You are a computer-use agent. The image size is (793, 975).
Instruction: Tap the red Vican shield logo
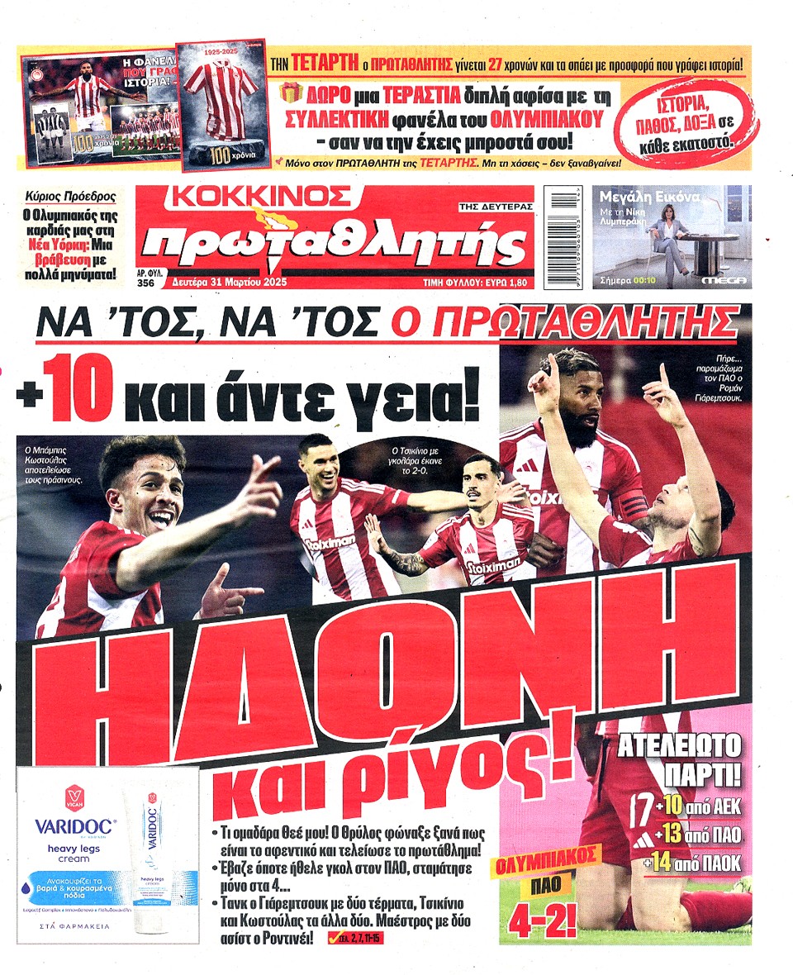point(74,797)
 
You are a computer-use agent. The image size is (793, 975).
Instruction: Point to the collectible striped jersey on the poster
point(218,99)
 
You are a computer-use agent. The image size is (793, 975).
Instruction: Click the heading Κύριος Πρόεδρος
point(71,196)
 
